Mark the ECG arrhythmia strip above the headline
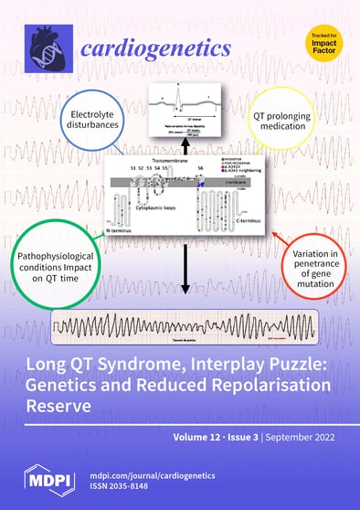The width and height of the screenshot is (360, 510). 185,324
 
